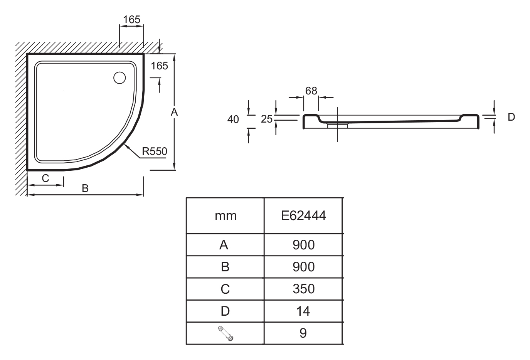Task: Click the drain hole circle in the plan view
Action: [119, 78]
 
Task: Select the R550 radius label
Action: [154, 151]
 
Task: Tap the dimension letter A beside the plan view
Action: [174, 112]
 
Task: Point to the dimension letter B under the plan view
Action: [85, 188]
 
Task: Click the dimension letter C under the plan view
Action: [45, 178]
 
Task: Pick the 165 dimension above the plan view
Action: [131, 20]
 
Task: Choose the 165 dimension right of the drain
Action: [159, 66]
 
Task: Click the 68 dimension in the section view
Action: [311, 91]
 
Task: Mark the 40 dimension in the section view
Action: [233, 119]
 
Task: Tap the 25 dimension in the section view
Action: [267, 119]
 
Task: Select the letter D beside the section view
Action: [511, 117]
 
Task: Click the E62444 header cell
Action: [303, 215]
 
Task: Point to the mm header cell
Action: [225, 215]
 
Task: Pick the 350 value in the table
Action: [303, 289]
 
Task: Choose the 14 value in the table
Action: [303, 311]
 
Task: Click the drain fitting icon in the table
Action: [225, 333]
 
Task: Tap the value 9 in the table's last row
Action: [303, 333]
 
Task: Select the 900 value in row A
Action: [303, 245]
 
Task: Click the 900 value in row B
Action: [303, 267]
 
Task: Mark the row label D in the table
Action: [225, 311]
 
